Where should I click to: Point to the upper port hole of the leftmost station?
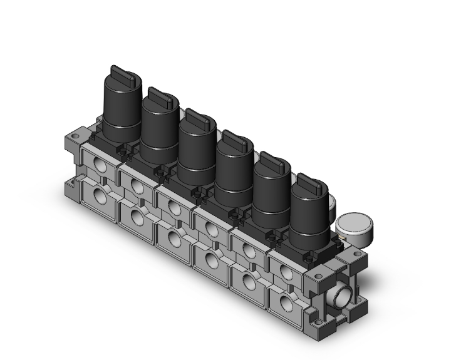point(99,164)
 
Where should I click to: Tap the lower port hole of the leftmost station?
point(99,197)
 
